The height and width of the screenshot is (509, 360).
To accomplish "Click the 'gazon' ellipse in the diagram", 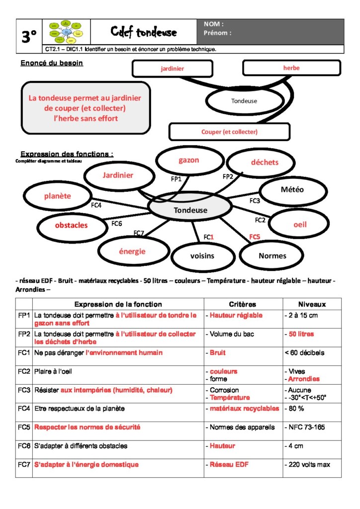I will click(188, 161).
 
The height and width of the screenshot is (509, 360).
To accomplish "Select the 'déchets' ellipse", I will click(264, 163).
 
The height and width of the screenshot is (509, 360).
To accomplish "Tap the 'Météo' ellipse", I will click(292, 189).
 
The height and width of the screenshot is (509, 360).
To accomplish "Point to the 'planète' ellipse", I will click(57, 196).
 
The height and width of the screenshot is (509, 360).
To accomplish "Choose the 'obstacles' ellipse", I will click(71, 225).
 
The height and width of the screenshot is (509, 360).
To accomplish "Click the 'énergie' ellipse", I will click(132, 251).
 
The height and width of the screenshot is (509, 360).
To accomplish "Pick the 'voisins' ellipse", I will click(202, 255).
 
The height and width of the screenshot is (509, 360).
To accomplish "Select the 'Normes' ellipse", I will click(272, 255).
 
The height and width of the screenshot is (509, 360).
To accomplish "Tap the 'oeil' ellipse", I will click(300, 224).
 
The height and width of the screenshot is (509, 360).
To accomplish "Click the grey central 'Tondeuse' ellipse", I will click(190, 210).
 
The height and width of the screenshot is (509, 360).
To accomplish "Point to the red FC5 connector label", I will click(255, 237).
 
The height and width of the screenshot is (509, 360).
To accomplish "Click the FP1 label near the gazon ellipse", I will click(176, 178).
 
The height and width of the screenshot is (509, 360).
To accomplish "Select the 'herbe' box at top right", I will click(291, 68).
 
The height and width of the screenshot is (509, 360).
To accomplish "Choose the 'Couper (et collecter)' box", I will click(229, 132).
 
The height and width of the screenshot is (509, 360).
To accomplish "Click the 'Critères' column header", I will click(243, 304).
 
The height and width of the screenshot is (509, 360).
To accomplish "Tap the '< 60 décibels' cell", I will click(304, 353).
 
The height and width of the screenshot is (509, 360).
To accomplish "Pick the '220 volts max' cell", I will click(306, 465).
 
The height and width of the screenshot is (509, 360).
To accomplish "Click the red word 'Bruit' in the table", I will click(217, 353).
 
